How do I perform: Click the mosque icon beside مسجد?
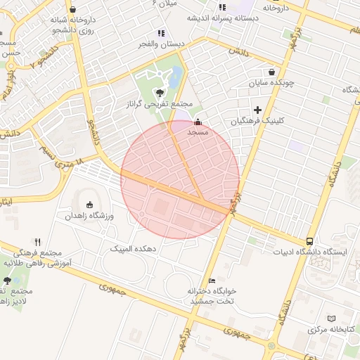point(196,121)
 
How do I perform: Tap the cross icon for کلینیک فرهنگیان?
point(258,110)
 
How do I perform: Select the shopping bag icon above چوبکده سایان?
point(272,72)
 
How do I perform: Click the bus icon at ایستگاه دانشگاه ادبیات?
point(310,241)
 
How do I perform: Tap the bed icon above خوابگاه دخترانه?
point(212,281)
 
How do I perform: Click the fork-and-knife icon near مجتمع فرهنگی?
point(38,241)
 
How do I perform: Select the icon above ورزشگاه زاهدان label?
point(89,205)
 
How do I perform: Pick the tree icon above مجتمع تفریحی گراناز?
point(161,92)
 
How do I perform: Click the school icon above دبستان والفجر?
point(162,32)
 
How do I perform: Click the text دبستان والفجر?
point(162,44)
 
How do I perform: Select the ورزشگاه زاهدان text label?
point(90,216)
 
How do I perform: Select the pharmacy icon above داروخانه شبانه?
point(73,10)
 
